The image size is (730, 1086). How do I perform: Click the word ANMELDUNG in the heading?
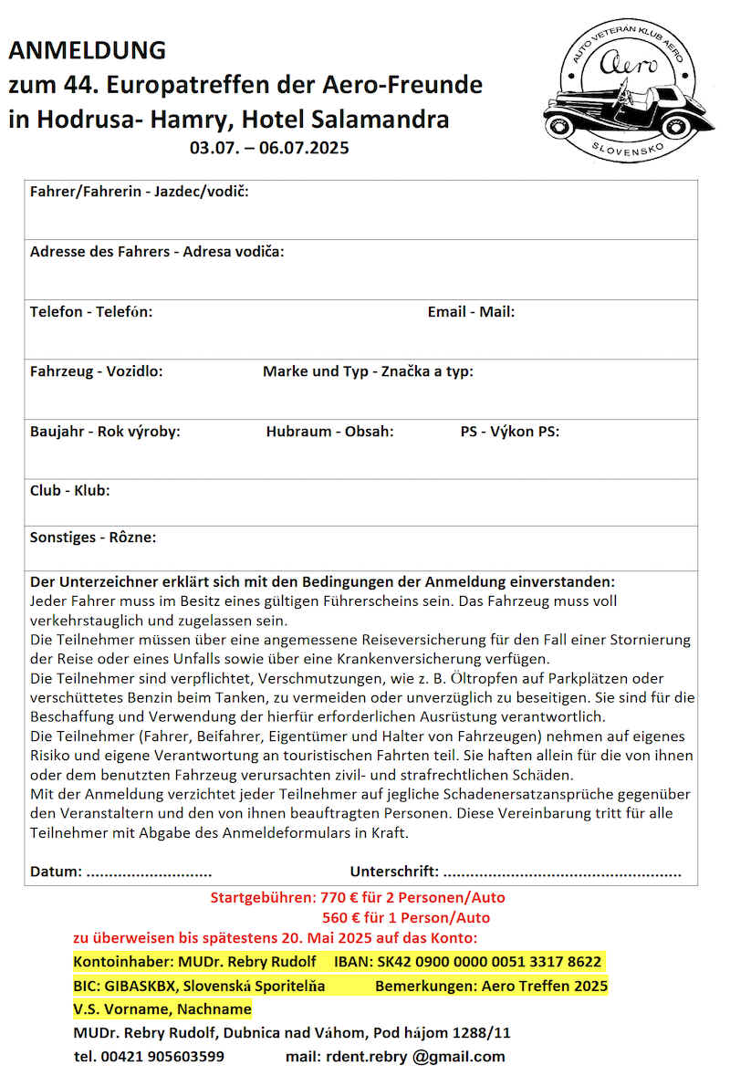88,50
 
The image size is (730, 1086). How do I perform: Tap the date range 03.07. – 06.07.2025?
269,147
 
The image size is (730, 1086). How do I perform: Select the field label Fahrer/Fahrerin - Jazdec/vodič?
139,192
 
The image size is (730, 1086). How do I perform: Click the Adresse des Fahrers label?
157,252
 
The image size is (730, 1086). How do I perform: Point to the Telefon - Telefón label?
91,312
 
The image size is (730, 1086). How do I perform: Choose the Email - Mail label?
471,312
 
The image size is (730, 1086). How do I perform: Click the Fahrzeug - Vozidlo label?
97,371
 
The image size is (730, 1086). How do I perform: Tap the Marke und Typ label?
368,371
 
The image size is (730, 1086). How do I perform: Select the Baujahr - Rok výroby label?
105,432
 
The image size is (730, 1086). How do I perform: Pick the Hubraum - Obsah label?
329,432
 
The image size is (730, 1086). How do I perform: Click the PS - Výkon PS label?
509,432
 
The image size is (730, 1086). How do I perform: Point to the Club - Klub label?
70,491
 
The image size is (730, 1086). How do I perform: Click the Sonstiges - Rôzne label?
93,538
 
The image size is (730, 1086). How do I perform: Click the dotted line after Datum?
149,872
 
